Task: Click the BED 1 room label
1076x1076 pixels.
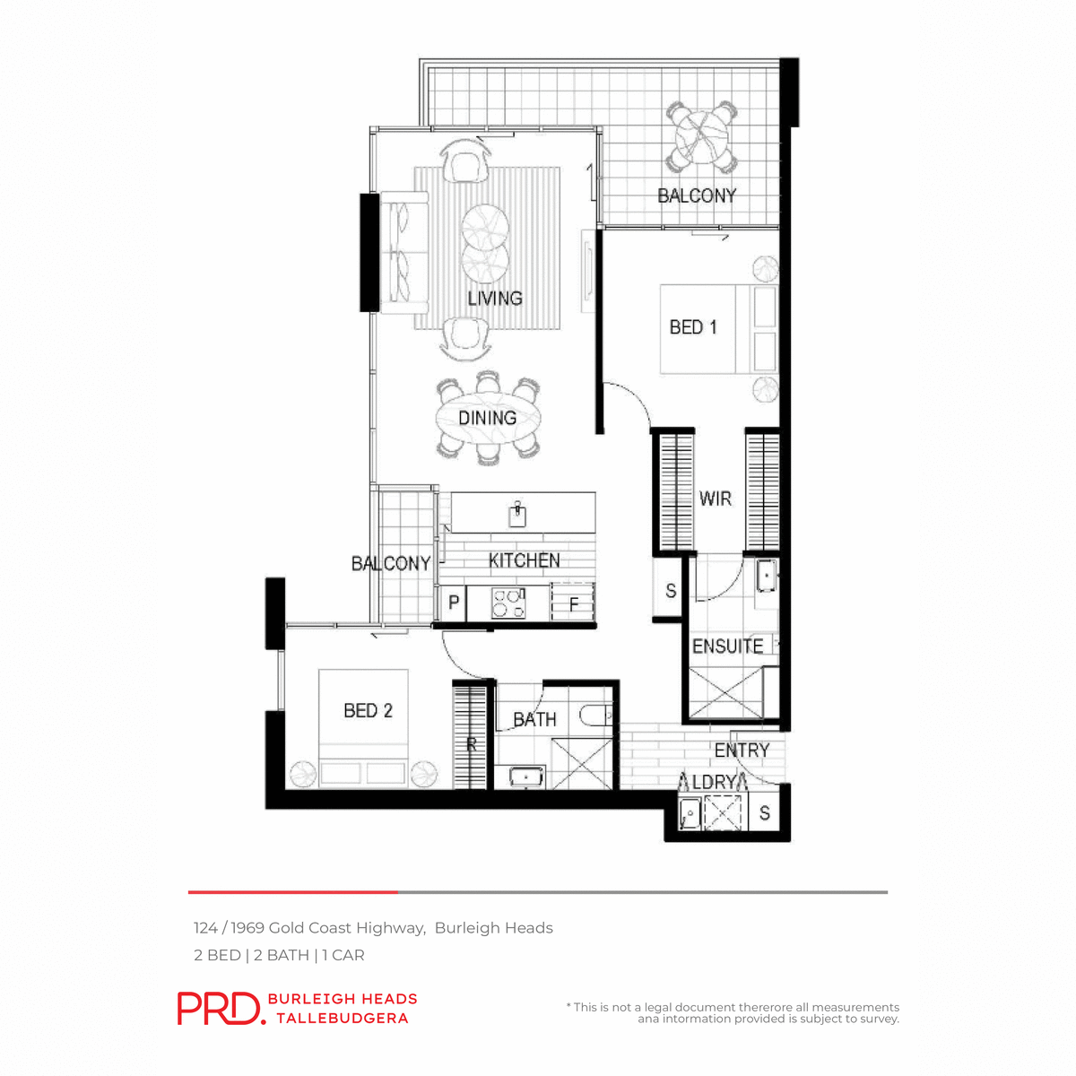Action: (x=693, y=327)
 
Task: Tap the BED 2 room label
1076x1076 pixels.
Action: (x=368, y=710)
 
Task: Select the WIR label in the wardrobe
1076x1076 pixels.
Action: (x=716, y=499)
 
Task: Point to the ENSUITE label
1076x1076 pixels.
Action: (x=727, y=646)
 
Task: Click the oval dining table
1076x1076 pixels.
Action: (x=489, y=419)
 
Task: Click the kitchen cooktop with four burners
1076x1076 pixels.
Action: (x=508, y=602)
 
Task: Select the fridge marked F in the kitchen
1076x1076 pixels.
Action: (x=574, y=603)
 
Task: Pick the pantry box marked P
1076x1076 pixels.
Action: (x=454, y=603)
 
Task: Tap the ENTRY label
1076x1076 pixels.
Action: (x=742, y=750)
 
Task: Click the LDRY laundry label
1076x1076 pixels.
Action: (x=715, y=782)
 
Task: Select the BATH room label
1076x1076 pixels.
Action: (x=534, y=719)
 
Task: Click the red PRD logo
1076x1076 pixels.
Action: (x=220, y=1008)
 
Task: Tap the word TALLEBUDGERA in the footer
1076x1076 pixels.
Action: (x=343, y=1018)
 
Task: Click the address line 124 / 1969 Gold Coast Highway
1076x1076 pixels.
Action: (x=373, y=928)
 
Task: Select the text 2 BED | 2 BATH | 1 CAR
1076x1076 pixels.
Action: (x=279, y=955)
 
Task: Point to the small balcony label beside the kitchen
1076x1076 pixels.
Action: (x=391, y=563)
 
